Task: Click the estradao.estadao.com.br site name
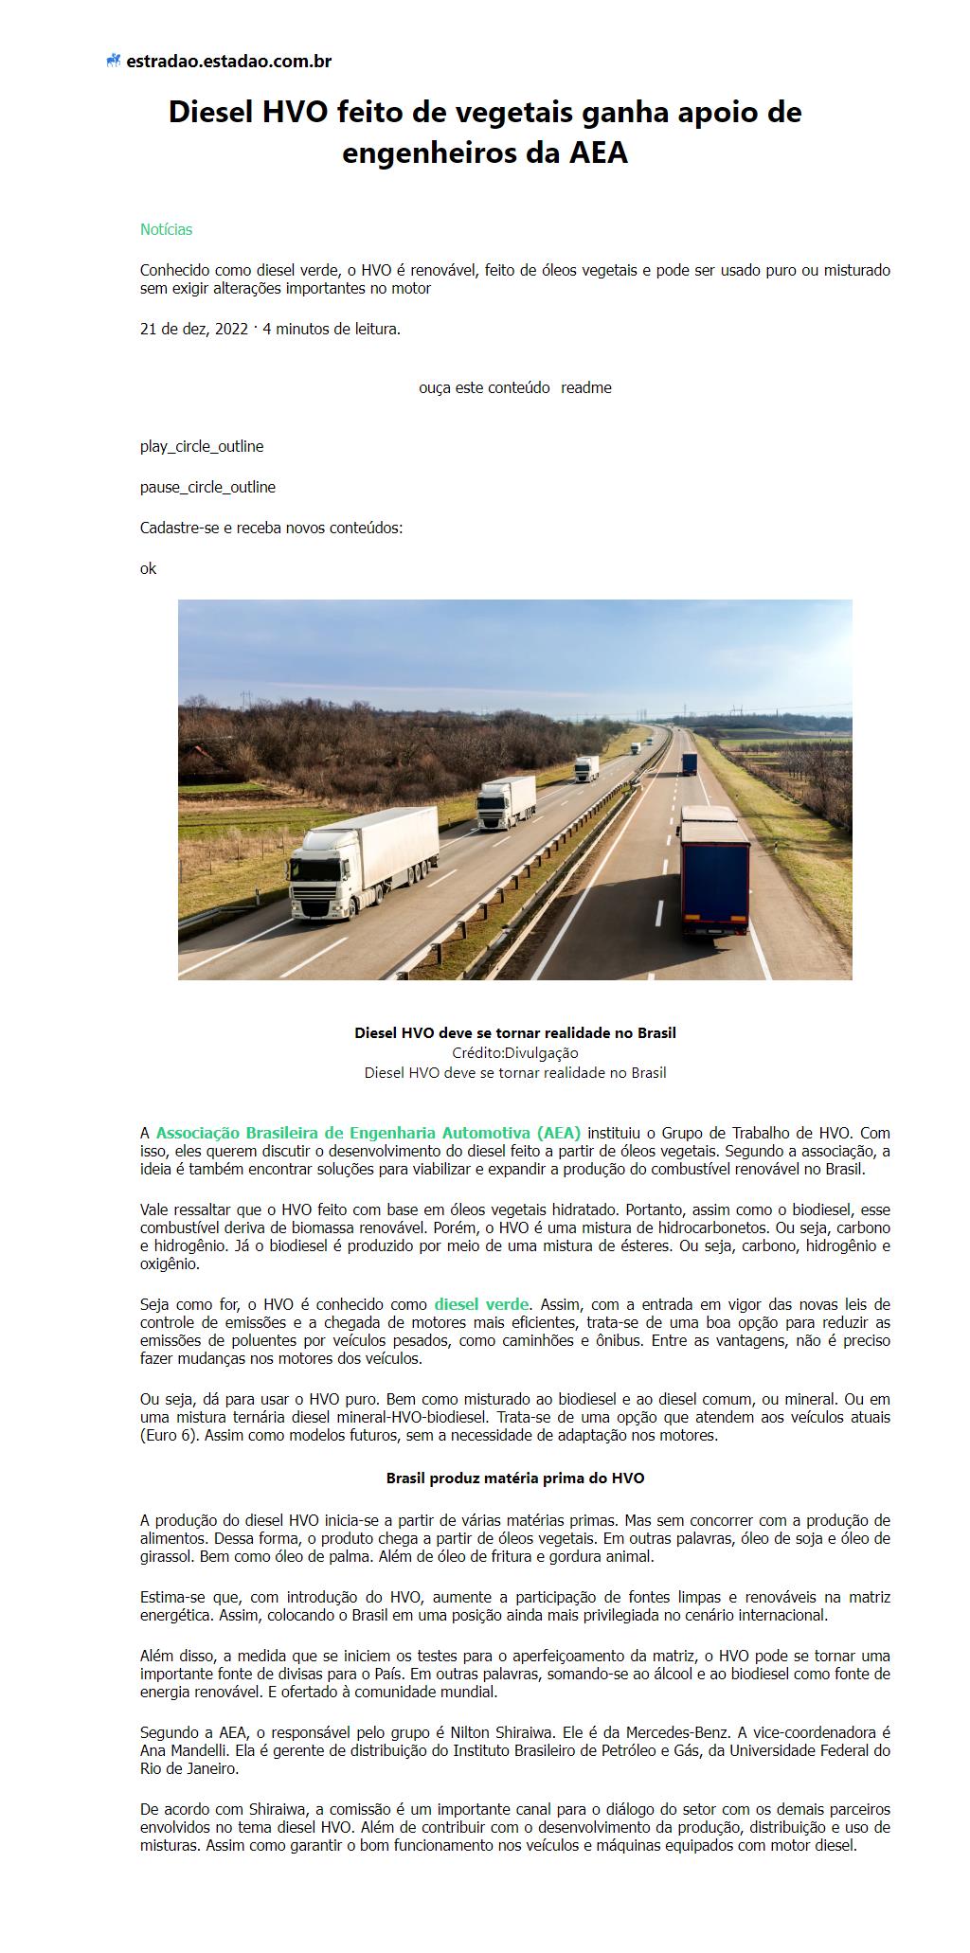tap(228, 62)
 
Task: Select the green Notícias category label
tap(166, 229)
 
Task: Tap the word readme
tap(586, 387)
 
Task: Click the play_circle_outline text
tap(202, 446)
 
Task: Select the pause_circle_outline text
tap(207, 487)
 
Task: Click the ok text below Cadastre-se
tap(149, 568)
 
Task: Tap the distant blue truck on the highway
tap(689, 763)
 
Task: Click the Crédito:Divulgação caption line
tap(515, 1052)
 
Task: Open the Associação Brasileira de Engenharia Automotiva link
tap(368, 1133)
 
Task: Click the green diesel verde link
tap(481, 1304)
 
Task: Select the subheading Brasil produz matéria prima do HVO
tap(515, 1478)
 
